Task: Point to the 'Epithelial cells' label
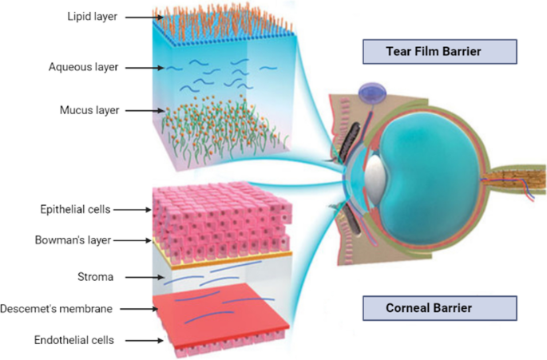pos(77,210)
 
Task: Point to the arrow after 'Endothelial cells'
pos(147,340)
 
